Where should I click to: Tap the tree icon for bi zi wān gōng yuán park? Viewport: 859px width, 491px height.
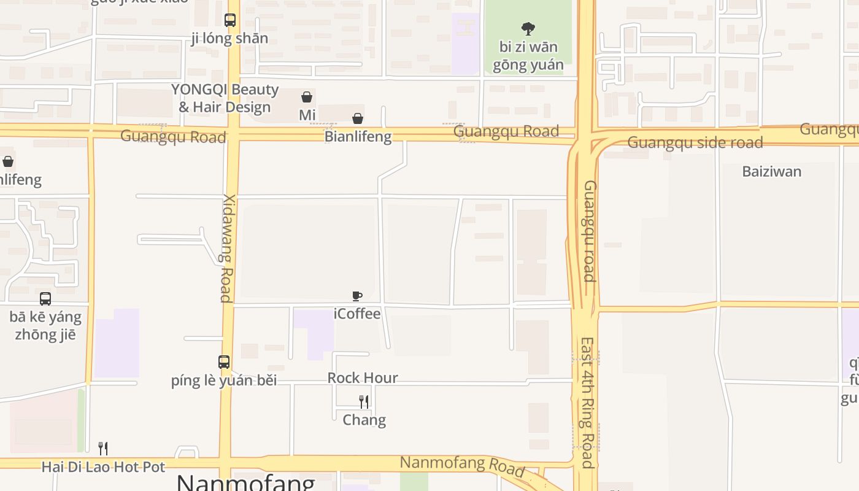coord(528,28)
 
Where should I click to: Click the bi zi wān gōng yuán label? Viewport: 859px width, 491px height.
coord(528,56)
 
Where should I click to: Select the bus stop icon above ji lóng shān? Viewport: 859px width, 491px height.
coord(230,20)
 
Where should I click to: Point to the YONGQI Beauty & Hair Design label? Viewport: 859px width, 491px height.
coord(225,98)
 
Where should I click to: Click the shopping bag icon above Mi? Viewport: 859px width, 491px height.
coord(307,97)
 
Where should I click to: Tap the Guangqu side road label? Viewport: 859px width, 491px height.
coord(695,143)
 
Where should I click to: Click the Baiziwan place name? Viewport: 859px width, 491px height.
coord(771,171)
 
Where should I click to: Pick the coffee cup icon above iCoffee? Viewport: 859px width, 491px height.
coord(357,296)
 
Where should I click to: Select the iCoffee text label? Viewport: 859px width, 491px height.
coord(357,314)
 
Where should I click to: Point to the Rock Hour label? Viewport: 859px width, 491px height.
coord(363,377)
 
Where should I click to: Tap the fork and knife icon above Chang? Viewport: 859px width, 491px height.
coord(364,402)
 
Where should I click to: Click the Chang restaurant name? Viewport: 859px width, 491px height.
coord(364,420)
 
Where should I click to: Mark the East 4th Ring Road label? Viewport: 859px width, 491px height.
coord(587,402)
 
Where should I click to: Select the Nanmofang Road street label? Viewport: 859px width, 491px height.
coord(462,466)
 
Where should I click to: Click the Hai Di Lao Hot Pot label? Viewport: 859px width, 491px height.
coord(103,467)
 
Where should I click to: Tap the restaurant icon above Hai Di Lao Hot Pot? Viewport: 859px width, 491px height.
coord(103,449)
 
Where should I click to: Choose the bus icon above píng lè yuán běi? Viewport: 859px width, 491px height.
coord(224,362)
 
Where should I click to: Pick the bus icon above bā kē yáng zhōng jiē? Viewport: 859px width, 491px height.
coord(45,299)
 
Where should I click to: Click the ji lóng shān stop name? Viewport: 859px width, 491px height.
coord(229,38)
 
